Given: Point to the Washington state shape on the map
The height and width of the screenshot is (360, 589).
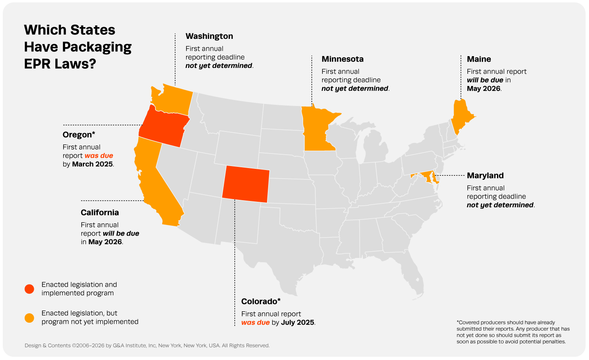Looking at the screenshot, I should point(173,98).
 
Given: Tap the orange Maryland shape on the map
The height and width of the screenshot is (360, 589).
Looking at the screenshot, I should point(426,174).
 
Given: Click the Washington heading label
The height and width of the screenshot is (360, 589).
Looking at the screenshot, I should point(209,36).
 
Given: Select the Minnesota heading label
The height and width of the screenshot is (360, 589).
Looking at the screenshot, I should point(342,59).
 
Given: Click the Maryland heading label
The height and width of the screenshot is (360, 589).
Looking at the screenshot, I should point(485,175).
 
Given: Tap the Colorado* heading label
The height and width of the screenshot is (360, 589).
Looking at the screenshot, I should point(261,302).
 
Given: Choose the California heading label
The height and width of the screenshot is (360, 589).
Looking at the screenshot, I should point(100,212).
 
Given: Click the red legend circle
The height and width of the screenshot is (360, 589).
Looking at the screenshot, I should point(29,289).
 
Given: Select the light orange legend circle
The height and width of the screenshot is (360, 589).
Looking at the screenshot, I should point(29,318).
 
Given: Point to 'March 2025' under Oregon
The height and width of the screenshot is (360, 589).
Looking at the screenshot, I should point(92,164).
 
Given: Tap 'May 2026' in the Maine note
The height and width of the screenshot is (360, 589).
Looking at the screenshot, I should point(483,89).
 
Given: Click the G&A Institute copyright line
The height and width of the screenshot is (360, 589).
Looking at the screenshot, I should point(147,345).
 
